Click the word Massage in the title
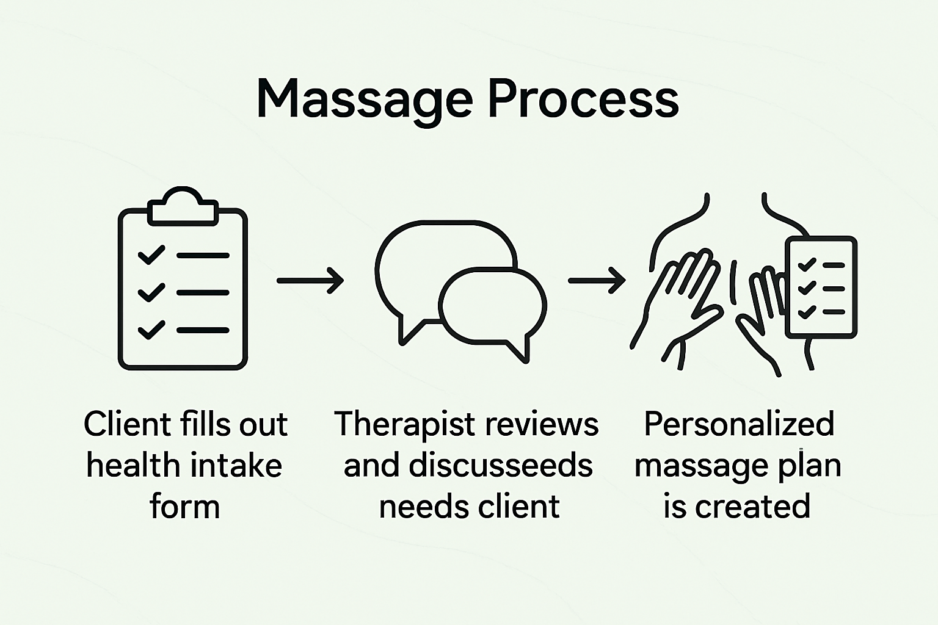[364, 99]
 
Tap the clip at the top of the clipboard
[183, 208]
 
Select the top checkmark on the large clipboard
[151, 255]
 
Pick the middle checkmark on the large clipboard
[151, 292]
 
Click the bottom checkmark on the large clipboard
[151, 330]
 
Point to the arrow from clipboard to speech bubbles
[310, 281]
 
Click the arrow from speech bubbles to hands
[597, 281]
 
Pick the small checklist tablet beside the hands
[821, 287]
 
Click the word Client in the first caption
[127, 424]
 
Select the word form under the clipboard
[184, 507]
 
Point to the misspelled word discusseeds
[500, 466]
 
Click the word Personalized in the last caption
[739, 424]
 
